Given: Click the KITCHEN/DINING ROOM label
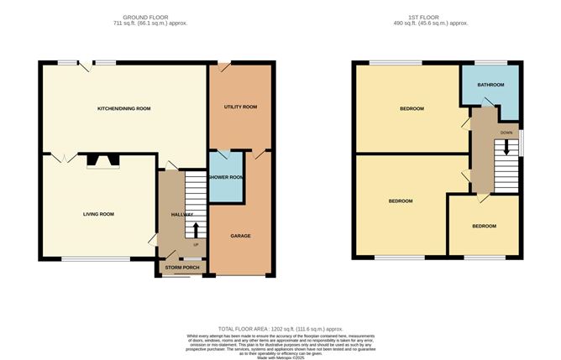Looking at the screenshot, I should pyautogui.click(x=124, y=108).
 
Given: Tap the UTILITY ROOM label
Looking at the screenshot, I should pyautogui.click(x=240, y=107).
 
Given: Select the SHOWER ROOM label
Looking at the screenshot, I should pyautogui.click(x=226, y=177).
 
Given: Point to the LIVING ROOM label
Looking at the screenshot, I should pyautogui.click(x=98, y=214).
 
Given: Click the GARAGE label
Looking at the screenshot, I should pyautogui.click(x=241, y=236).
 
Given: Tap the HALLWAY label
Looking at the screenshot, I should pyautogui.click(x=182, y=214).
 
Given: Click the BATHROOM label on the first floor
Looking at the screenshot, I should pyautogui.click(x=490, y=85).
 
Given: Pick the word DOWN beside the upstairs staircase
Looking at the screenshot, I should pyautogui.click(x=506, y=133).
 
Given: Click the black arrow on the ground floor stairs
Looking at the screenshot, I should pyautogui.click(x=197, y=230).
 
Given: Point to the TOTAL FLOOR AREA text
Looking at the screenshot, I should pyautogui.click(x=280, y=328).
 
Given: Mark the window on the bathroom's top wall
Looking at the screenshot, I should pyautogui.click(x=490, y=62).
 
